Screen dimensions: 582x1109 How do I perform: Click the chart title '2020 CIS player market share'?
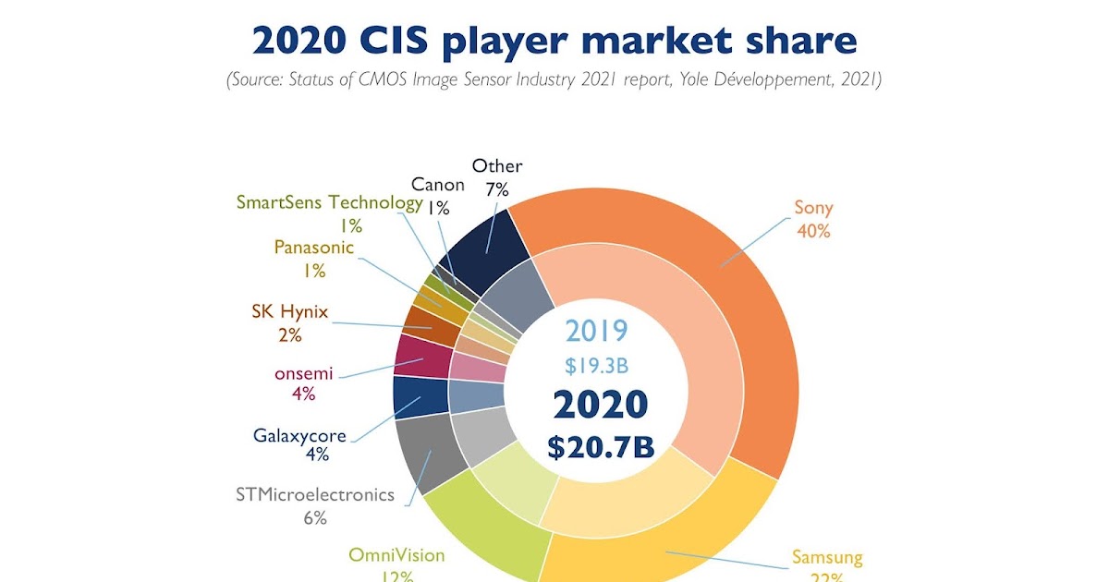pyautogui.click(x=554, y=42)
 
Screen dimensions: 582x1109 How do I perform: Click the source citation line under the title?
pyautogui.click(x=554, y=80)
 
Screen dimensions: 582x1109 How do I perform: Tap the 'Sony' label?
pyautogui.click(x=812, y=207)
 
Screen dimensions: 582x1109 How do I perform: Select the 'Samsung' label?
pyautogui.click(x=827, y=557)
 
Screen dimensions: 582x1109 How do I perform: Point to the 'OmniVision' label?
pyautogui.click(x=396, y=555)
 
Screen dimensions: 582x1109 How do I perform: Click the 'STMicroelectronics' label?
pyautogui.click(x=316, y=494)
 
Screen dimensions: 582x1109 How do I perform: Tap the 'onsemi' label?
pyautogui.click(x=303, y=374)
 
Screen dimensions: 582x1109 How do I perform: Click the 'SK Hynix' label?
pyautogui.click(x=289, y=311)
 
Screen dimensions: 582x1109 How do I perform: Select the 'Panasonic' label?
pyautogui.click(x=314, y=247)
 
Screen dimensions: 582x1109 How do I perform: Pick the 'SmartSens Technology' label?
pyautogui.click(x=329, y=202)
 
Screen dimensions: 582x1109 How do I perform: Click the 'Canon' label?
pyautogui.click(x=438, y=185)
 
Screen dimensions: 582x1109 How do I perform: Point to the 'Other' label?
pyautogui.click(x=497, y=166)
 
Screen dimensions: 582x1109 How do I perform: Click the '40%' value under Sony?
pyautogui.click(x=813, y=231)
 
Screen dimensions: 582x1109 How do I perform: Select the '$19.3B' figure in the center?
pyautogui.click(x=597, y=365)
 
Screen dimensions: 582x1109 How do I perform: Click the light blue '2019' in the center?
pyautogui.click(x=597, y=331)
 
